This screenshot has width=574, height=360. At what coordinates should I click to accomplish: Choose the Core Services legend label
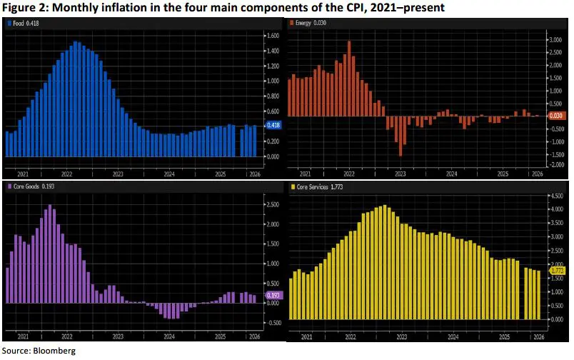pos(313,187)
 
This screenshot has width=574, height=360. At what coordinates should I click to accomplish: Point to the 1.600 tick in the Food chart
pos(271,35)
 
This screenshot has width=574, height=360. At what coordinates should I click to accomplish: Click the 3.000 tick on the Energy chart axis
pos(556,41)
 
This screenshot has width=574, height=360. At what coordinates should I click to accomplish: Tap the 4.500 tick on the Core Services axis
pos(556,195)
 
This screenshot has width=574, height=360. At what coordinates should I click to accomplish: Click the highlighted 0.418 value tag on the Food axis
pos(272,125)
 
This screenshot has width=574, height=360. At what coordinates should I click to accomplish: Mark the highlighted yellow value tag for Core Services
pos(557,271)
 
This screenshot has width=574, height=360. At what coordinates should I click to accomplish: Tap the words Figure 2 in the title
pos(23,7)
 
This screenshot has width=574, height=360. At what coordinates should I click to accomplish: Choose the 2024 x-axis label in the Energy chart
pos(452,174)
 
